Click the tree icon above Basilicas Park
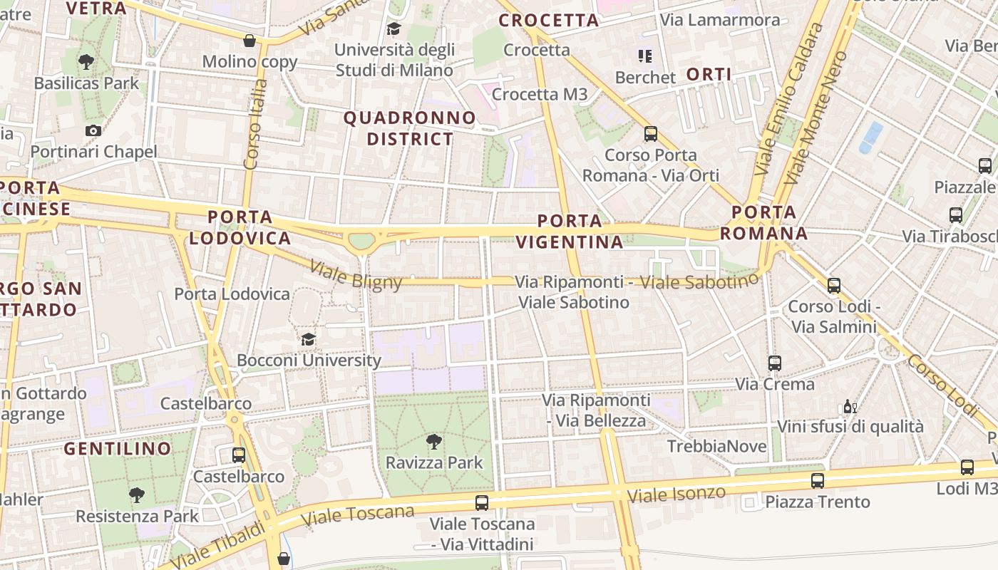86,62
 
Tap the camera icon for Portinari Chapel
93,130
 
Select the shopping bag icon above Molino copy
249,41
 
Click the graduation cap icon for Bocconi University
308,339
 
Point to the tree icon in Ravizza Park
433,442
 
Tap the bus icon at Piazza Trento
817,481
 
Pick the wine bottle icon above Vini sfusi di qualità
850,407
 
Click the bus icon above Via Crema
775,363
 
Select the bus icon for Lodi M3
967,467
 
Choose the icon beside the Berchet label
645,56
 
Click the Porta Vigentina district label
569,232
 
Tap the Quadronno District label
410,128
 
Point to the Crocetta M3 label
540,94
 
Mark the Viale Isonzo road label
677,494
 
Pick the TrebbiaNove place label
716,447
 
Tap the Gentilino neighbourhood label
118,449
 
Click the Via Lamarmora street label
720,20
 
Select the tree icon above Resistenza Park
136,495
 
